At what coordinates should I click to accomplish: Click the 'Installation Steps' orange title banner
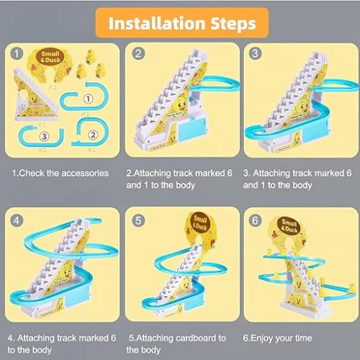(182, 23)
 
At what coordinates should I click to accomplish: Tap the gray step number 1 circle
(17, 53)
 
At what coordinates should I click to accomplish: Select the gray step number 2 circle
(138, 53)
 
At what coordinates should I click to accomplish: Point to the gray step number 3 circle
(255, 53)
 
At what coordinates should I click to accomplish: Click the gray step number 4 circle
(17, 220)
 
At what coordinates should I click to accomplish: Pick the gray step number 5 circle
(138, 220)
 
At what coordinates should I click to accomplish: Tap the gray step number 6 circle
(255, 220)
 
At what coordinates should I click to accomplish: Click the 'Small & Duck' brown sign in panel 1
(50, 57)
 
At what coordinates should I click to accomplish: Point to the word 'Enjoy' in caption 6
(262, 338)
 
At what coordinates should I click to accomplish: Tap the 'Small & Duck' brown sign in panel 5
(199, 223)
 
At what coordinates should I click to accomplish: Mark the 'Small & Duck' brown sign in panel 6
(289, 226)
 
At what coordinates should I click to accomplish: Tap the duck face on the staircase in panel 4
(67, 272)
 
